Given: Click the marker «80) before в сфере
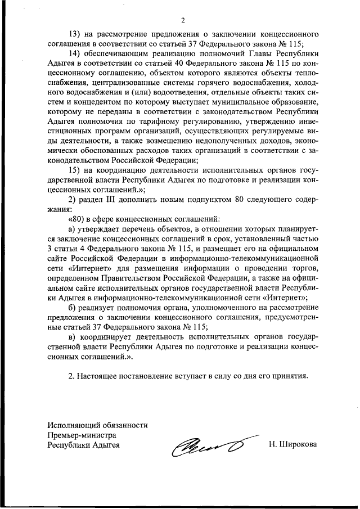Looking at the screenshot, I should tap(76, 220).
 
